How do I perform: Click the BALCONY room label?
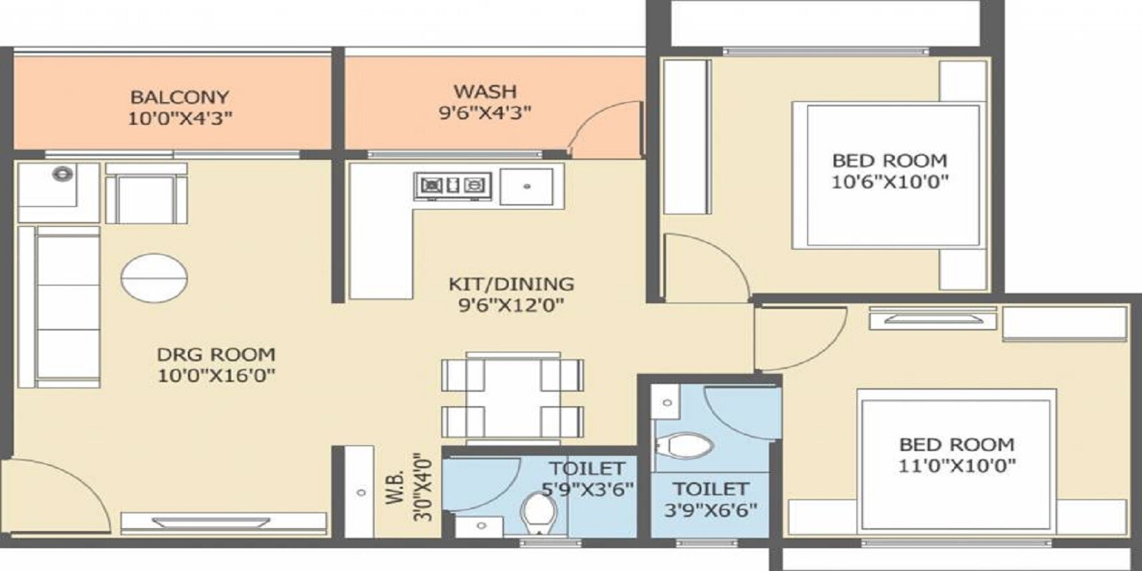179,96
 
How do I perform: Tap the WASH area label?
485,91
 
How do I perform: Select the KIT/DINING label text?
510,283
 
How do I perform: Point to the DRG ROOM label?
216,354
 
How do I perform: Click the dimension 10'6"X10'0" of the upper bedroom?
889,182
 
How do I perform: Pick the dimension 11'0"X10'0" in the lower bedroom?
956,466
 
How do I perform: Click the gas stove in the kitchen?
453,186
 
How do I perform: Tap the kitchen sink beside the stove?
527,186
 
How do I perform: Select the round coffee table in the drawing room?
154,277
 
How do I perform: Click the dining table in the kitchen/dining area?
512,395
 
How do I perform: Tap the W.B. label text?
398,487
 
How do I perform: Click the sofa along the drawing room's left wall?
61,307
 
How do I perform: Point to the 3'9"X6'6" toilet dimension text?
710,510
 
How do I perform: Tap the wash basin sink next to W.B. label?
360,492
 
